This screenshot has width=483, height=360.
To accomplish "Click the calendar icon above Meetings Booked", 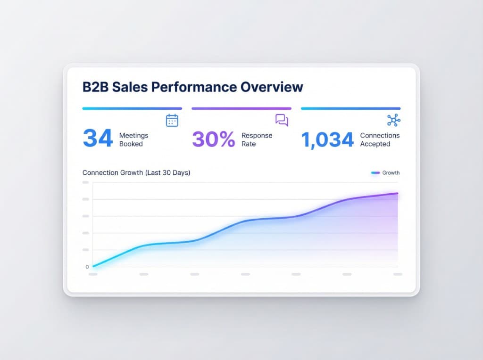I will (172, 120).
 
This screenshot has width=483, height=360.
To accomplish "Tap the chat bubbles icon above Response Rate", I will (282, 120).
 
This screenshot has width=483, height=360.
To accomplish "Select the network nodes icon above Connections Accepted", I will (393, 120).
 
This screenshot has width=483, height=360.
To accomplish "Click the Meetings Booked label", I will (133, 139).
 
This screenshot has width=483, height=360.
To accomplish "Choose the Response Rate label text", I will (257, 139).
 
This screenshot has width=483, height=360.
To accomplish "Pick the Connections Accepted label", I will (380, 139).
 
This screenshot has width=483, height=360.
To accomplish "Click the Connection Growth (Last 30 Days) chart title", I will (136, 173).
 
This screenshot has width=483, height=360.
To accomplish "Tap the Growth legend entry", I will (385, 173).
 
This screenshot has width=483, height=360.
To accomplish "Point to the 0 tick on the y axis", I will (87, 267).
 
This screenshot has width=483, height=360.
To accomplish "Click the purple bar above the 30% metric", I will (241, 108).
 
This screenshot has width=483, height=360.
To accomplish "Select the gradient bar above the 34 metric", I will (132, 108).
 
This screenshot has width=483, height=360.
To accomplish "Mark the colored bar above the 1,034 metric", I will (350, 108).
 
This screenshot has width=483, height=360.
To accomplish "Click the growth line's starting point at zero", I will (94, 266).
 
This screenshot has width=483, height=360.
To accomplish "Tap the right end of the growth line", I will (397, 193).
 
